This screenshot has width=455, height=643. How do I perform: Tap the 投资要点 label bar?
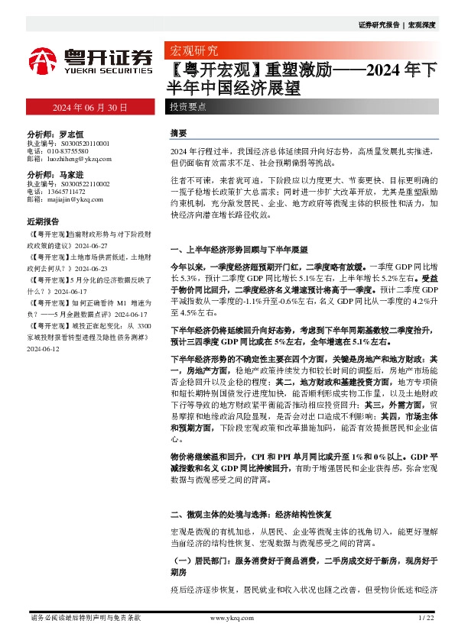[x=187, y=108]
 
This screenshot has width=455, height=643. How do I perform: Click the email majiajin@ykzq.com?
[x=75, y=200]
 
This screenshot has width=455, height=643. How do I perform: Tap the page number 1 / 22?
[x=426, y=618]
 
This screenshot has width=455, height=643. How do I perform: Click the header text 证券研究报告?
[x=379, y=25]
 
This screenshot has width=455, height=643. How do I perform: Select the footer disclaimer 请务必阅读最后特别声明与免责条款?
[x=85, y=618]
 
